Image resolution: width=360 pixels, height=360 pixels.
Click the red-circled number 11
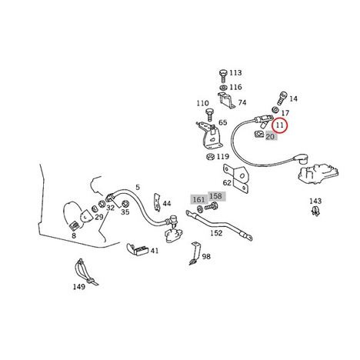(x=280, y=125)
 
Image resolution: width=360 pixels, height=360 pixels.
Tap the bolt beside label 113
(x=223, y=75)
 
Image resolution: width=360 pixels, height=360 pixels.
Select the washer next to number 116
(x=223, y=87)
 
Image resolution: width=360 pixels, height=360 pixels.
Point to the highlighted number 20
(x=270, y=137)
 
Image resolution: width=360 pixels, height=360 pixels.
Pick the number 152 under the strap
(x=216, y=233)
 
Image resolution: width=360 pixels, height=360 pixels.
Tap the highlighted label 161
(x=198, y=199)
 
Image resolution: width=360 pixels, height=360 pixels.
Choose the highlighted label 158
(x=215, y=196)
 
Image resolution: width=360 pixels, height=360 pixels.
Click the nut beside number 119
(x=211, y=156)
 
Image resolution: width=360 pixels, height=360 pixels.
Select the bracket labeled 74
(x=226, y=100)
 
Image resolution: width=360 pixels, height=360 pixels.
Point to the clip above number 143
(x=315, y=211)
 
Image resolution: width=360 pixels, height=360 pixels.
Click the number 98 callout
(x=206, y=256)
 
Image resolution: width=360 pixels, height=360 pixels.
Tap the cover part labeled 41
(x=138, y=249)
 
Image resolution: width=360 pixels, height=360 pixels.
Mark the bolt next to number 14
(x=281, y=98)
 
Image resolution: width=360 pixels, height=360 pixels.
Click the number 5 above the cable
(x=138, y=188)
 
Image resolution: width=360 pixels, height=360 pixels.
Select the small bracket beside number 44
(x=157, y=202)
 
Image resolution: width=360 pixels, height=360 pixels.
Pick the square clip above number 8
(x=74, y=226)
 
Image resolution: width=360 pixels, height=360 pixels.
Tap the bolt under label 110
(x=209, y=115)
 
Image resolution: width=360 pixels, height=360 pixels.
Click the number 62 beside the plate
(x=227, y=183)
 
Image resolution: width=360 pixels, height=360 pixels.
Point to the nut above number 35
(x=125, y=204)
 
